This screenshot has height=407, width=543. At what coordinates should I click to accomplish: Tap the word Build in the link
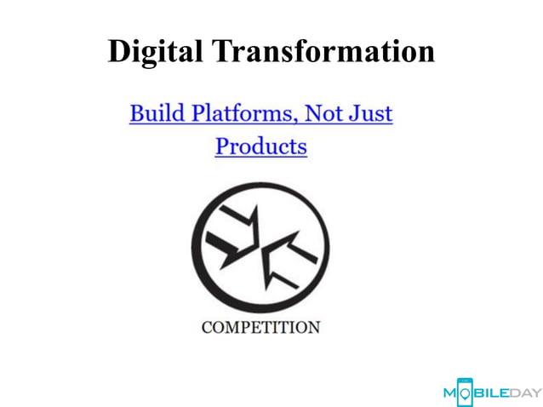(151, 112)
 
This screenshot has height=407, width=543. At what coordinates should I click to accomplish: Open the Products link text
(260, 146)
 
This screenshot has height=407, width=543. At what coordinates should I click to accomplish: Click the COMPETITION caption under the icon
(260, 327)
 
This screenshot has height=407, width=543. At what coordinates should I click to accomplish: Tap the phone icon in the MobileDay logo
(465, 391)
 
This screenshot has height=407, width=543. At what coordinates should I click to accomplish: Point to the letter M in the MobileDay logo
(450, 393)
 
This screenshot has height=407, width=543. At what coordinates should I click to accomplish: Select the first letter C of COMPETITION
(207, 327)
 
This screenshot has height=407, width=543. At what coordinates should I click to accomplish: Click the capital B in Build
(136, 112)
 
